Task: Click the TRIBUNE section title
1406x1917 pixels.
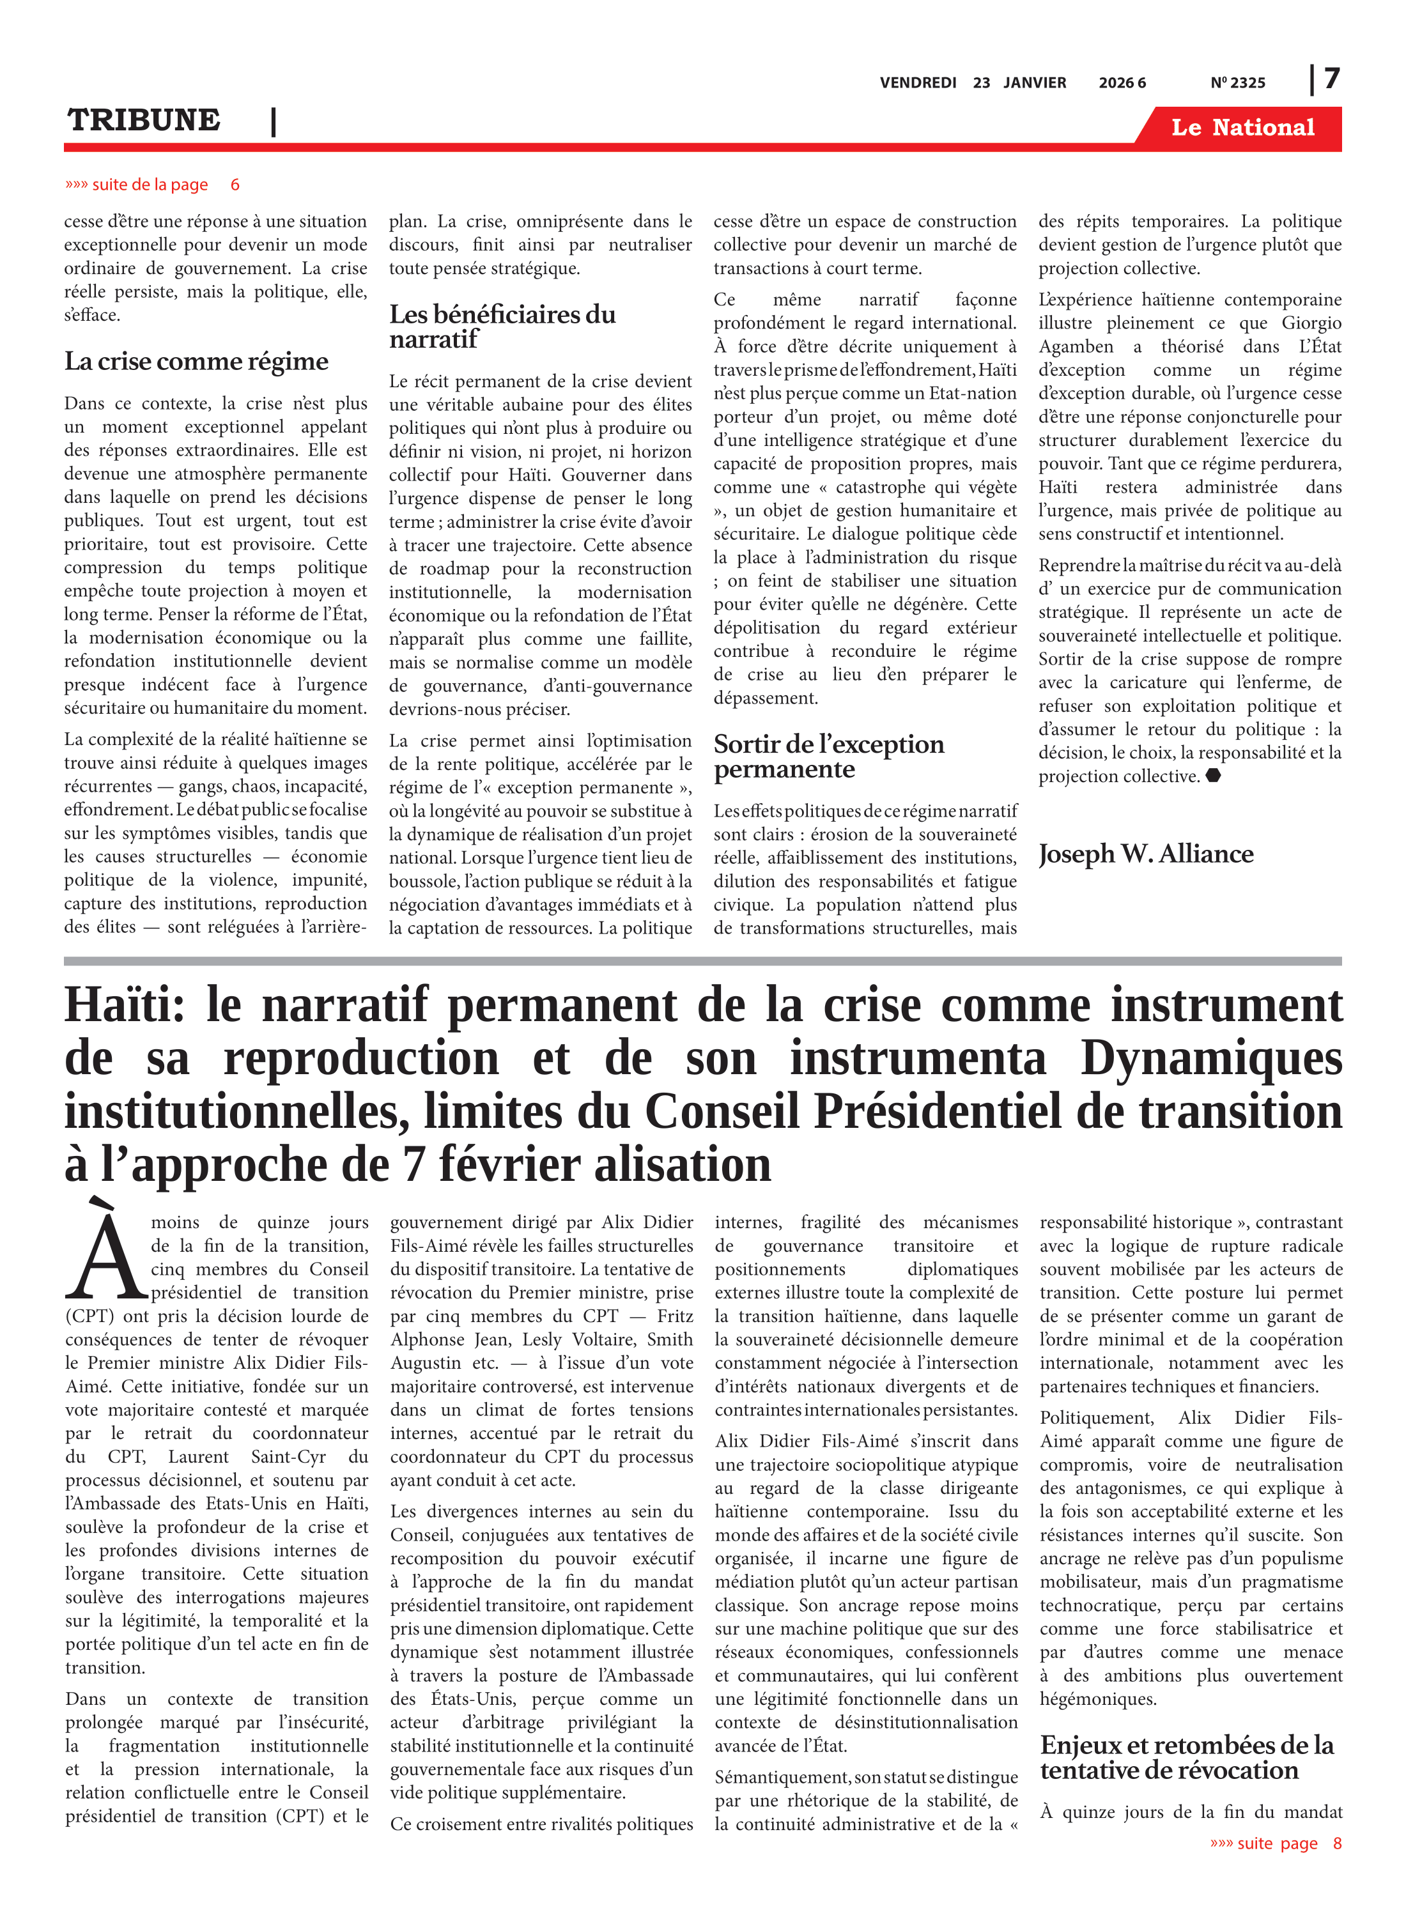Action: (144, 121)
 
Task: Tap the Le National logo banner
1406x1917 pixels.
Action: (1242, 128)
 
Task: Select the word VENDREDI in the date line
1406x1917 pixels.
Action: (918, 82)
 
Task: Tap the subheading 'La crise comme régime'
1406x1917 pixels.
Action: (196, 362)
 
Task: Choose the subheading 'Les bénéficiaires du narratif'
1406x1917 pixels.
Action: (502, 327)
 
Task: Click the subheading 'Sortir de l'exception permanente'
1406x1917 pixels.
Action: (828, 757)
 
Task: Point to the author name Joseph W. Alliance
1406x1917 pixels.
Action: (1145, 854)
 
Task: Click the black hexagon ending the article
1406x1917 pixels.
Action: (1214, 775)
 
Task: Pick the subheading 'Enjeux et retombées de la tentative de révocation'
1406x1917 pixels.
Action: (1186, 1757)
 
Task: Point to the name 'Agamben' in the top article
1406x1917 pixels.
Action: (1075, 347)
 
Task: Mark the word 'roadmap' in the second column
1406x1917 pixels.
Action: (456, 569)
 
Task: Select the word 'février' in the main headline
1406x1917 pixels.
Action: (508, 1165)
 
